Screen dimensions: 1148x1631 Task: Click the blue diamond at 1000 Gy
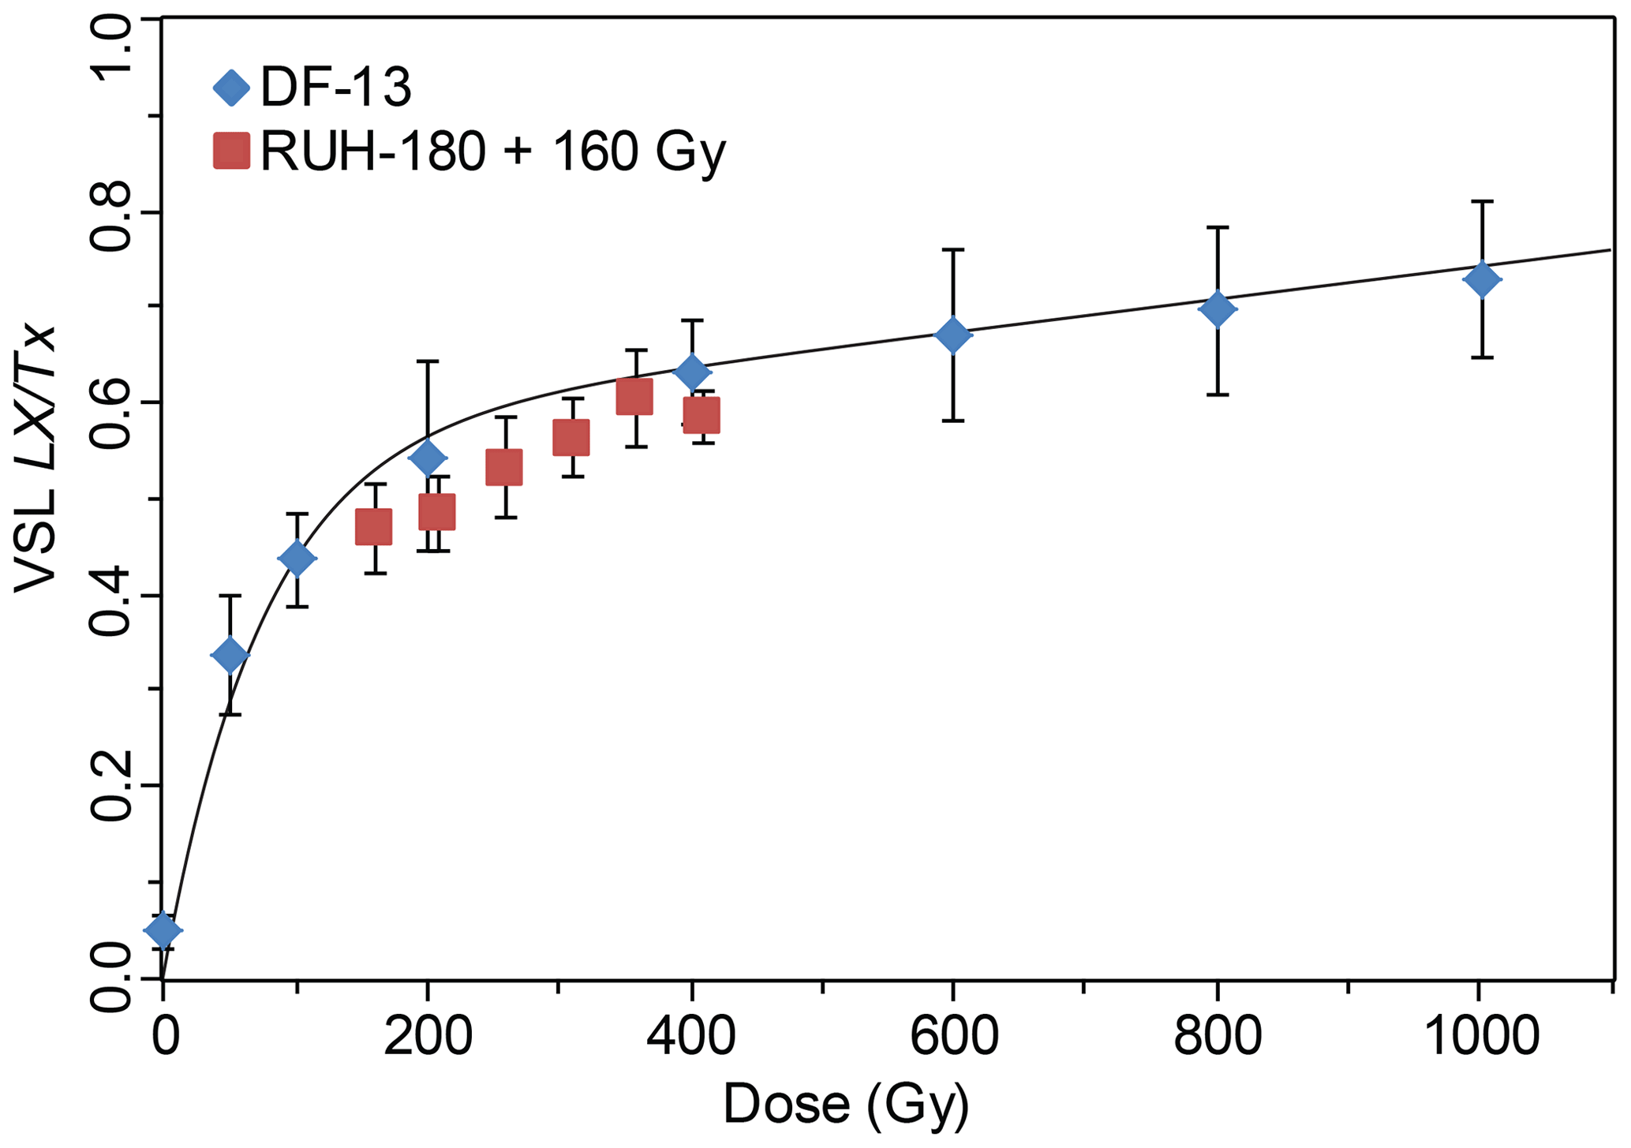tap(1481, 279)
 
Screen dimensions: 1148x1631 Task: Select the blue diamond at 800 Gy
tap(1217, 309)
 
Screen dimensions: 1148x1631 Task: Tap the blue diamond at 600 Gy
tap(952, 335)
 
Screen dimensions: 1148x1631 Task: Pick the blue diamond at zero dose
tap(163, 930)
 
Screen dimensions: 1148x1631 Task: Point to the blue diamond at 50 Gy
tap(230, 655)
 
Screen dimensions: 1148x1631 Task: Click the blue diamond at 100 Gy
tap(297, 559)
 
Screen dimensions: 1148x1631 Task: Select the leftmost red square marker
tap(374, 527)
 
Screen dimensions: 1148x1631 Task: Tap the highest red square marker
tap(634, 396)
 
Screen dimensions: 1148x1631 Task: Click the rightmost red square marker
tap(701, 415)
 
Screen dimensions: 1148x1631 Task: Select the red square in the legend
tap(231, 151)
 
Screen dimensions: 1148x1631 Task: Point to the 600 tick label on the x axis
tap(953, 1036)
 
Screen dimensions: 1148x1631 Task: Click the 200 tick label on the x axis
tap(428, 1036)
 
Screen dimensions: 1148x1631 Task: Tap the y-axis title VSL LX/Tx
tap(36, 458)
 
